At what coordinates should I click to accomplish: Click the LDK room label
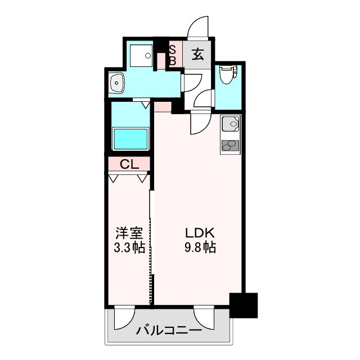[200, 233]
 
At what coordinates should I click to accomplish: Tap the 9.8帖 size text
[200, 247]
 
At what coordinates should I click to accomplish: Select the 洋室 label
[129, 233]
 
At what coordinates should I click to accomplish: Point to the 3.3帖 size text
[129, 247]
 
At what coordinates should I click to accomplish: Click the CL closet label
[129, 164]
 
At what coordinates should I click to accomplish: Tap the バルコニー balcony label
[169, 331]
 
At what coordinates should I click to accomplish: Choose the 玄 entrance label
[198, 55]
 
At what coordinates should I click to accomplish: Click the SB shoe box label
[173, 55]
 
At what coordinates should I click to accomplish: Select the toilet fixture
[228, 75]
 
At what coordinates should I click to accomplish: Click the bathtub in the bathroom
[130, 139]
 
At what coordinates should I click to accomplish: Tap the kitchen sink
[230, 124]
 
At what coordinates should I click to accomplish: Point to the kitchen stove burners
[230, 146]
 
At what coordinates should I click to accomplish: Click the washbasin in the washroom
[117, 83]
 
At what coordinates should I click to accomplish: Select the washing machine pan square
[141, 55]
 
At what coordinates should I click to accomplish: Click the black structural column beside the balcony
[244, 305]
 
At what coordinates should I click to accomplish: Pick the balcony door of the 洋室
[124, 317]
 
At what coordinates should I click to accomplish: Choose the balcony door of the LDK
[204, 317]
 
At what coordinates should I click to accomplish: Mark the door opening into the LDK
[201, 123]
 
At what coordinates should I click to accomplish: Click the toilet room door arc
[204, 98]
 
